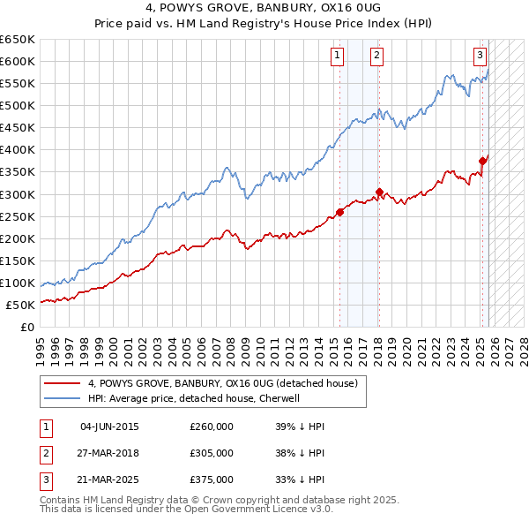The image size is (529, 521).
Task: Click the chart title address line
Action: (x=264, y=8)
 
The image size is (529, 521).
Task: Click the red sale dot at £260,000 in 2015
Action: (x=340, y=212)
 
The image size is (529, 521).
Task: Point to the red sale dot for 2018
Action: (x=379, y=192)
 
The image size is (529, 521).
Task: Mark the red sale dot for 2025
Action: (x=483, y=161)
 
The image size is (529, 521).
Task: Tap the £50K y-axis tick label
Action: (x=20, y=305)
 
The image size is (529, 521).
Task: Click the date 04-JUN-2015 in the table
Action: (x=109, y=427)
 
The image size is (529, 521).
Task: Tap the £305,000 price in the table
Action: (x=212, y=453)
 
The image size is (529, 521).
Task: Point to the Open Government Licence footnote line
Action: (x=187, y=510)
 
